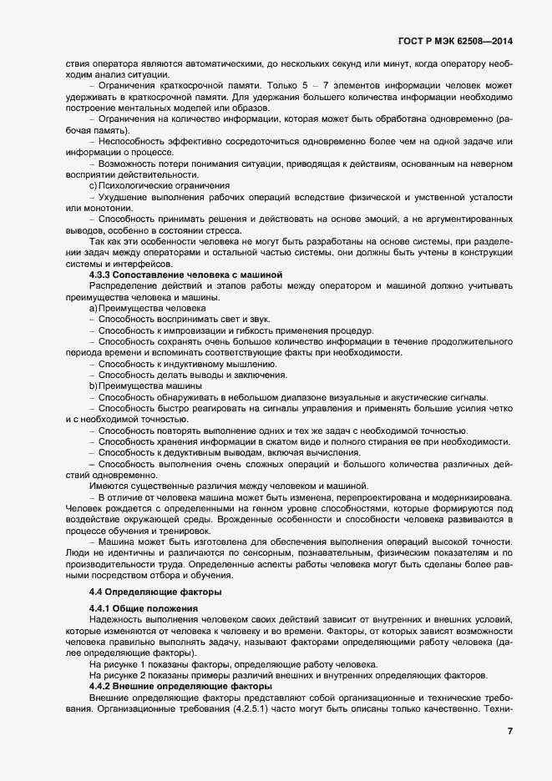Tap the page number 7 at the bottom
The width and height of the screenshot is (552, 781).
(509, 731)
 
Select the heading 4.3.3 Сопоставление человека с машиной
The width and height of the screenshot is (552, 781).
(187, 275)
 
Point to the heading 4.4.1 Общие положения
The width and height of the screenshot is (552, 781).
(143, 608)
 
